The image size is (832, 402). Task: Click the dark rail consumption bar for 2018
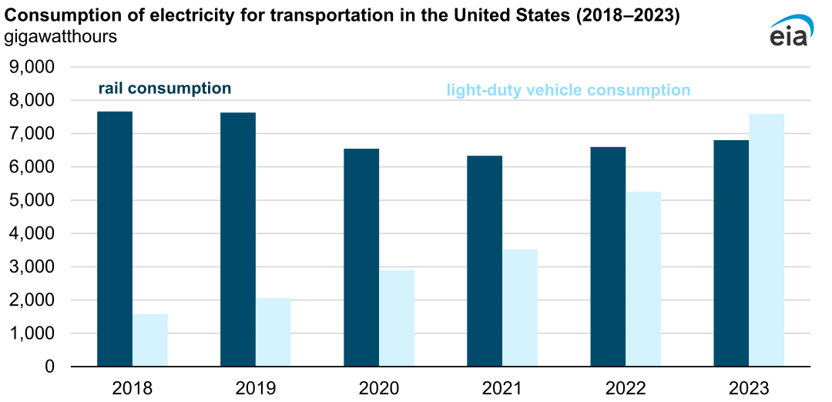[115, 239]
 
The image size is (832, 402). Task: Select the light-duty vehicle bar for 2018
[150, 340]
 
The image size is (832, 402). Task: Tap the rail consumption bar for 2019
[238, 240]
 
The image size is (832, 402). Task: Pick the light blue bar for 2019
[273, 332]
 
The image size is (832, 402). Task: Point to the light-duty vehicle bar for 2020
[397, 318]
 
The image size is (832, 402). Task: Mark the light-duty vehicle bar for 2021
[520, 307]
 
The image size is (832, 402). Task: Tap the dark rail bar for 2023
[731, 253]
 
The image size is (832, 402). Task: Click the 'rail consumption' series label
[164, 89]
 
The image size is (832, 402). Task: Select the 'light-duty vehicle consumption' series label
[569, 90]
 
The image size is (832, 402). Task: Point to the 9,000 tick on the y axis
[31, 67]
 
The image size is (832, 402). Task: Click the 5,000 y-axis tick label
[31, 200]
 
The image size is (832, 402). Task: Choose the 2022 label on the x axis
[626, 387]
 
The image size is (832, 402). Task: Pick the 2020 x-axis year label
[379, 387]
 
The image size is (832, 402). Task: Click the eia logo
[787, 29]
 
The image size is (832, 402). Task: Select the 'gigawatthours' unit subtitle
[61, 36]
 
